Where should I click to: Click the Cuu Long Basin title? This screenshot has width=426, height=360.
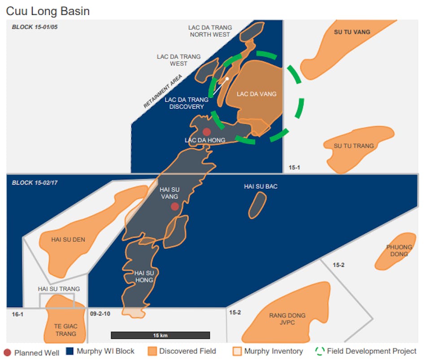(x=48, y=11)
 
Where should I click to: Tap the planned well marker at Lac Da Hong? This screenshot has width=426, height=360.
(x=207, y=132)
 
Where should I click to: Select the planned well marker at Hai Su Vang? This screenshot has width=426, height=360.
(x=175, y=206)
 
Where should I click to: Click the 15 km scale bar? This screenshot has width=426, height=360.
(x=160, y=335)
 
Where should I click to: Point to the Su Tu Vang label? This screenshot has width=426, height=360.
(x=352, y=32)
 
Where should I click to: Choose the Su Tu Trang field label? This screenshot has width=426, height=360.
(x=353, y=146)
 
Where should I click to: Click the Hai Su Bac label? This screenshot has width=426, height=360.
(x=261, y=186)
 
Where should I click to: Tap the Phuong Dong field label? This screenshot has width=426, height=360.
(x=399, y=251)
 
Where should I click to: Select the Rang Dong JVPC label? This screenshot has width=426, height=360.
(x=287, y=319)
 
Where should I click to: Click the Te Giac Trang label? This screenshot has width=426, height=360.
(x=65, y=330)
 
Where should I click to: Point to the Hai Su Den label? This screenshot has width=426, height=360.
(x=68, y=239)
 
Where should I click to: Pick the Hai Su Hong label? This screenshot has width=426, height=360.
(x=143, y=277)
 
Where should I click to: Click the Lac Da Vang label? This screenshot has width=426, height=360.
(x=256, y=94)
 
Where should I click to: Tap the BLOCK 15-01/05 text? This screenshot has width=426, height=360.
(x=35, y=27)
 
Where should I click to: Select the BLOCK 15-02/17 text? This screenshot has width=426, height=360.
(x=35, y=183)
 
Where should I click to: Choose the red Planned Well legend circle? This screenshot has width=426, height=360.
(x=7, y=352)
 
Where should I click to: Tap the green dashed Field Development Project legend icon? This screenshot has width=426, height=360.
(x=319, y=351)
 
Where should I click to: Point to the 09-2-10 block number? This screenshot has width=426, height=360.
(x=100, y=314)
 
